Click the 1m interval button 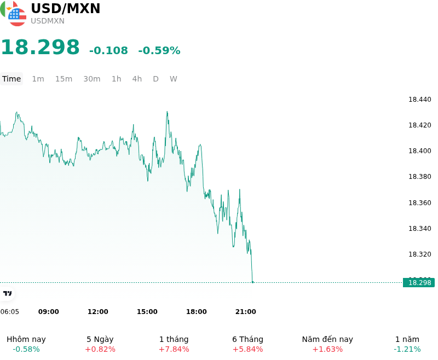click(38, 79)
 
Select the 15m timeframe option click(64, 79)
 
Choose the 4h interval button click(137, 79)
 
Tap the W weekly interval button click(174, 79)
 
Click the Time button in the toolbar click(11, 79)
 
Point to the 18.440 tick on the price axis click(419, 100)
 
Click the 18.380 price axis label click(419, 177)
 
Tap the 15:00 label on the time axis click(147, 312)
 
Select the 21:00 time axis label click(245, 312)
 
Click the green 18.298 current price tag click(419, 283)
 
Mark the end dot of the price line click(253, 282)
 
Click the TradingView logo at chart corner click(7, 293)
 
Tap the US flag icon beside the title click(18, 18)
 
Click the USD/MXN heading click(65, 8)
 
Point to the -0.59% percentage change click(159, 50)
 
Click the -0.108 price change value click(108, 50)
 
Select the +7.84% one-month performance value click(174, 349)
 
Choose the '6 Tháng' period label click(248, 339)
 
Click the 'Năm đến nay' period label click(327, 339)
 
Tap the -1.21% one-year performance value click(407, 349)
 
